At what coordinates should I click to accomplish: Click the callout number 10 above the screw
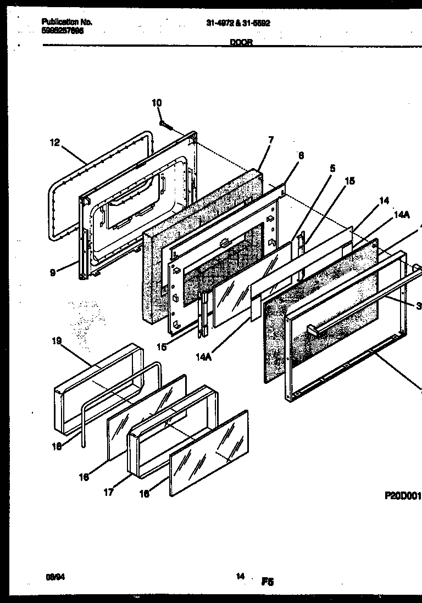pos(157,103)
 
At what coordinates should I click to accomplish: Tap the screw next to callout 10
pos(166,126)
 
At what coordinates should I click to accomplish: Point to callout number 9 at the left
pos(53,271)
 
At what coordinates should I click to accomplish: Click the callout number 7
pos(270,140)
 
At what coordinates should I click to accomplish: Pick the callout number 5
pos(332,168)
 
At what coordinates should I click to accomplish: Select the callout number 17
pos(109,493)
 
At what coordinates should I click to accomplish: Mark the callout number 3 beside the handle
pos(418,306)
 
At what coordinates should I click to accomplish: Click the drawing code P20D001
pos(402,495)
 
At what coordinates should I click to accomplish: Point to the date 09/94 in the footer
pos(51,577)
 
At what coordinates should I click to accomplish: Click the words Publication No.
pos(67,22)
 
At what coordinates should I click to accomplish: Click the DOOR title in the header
pos(241,42)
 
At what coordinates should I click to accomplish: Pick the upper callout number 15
pos(349,181)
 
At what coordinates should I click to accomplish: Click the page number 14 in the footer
pos(240,576)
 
